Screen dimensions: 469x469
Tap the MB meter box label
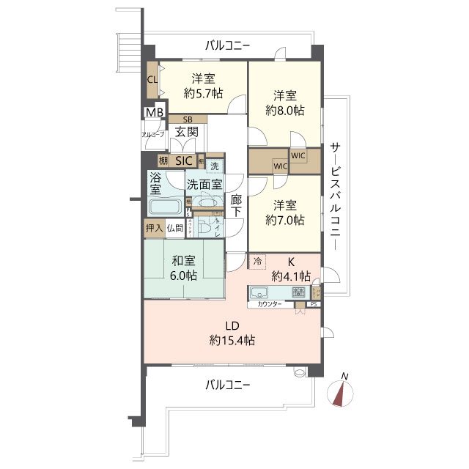pos(154,113)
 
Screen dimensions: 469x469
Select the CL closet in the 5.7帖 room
pos(152,80)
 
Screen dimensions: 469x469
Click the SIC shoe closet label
pos(184,160)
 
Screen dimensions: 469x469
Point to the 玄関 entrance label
pos(186,133)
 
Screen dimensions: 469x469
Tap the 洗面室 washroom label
pos(204,184)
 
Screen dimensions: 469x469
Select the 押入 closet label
pos(154,229)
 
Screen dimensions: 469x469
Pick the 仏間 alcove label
pos(174,229)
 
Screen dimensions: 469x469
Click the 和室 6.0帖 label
pos(182,268)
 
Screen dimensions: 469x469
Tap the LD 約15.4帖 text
pos(232,333)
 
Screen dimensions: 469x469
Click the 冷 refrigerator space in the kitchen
pos(257,260)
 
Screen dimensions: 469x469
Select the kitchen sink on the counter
pos(261,293)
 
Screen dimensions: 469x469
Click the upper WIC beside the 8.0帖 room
pos(298,155)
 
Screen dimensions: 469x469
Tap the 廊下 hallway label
pos(236,204)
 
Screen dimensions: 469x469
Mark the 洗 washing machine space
pos(214,166)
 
